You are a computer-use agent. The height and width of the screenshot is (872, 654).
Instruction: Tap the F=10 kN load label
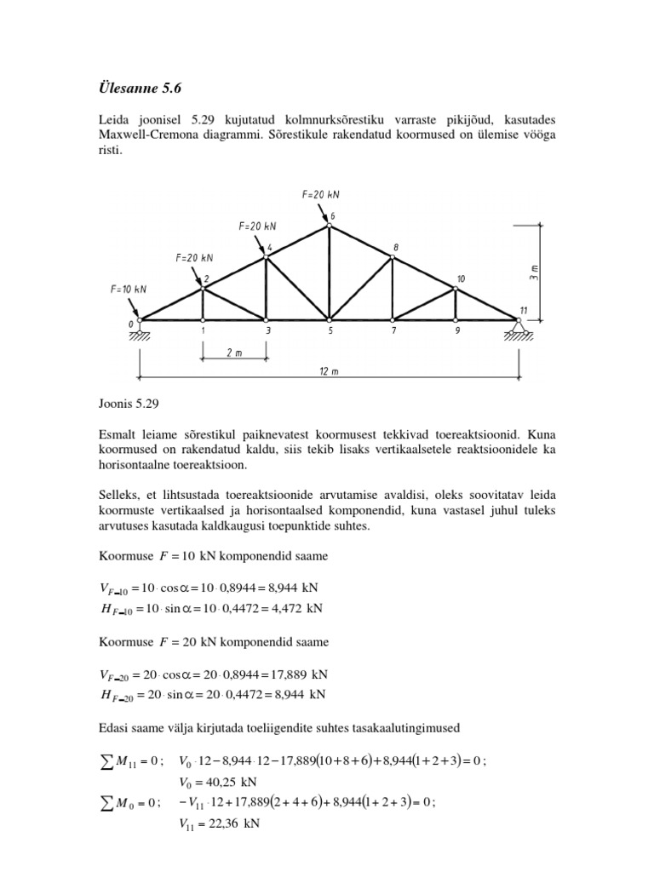(x=129, y=289)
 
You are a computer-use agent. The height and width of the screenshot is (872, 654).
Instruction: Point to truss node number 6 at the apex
(x=333, y=216)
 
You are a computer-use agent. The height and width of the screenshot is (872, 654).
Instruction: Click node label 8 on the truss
(x=396, y=247)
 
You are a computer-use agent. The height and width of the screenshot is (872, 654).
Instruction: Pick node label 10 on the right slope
(x=461, y=278)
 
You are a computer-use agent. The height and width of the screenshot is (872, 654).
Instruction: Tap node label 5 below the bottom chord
(x=330, y=332)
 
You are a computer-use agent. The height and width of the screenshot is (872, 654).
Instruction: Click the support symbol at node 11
(x=519, y=329)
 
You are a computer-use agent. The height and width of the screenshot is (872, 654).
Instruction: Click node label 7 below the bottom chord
(x=393, y=332)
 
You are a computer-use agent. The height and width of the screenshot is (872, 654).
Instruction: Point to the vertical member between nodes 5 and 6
(x=330, y=272)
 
